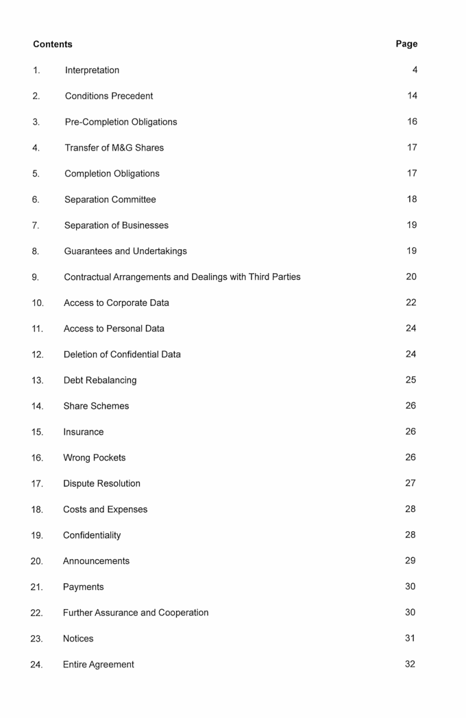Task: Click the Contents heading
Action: (53, 44)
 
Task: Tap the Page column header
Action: (406, 44)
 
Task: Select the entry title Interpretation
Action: (92, 70)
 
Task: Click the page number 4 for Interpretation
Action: (415, 70)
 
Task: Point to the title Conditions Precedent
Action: (109, 97)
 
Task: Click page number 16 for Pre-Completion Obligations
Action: (412, 122)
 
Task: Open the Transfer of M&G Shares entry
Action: (114, 148)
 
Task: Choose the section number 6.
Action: (36, 200)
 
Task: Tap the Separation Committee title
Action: (110, 200)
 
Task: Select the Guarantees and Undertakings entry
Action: (125, 251)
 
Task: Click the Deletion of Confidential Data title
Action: (122, 355)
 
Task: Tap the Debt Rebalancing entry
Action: (100, 381)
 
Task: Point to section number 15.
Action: (37, 432)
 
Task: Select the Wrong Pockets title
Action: (95, 458)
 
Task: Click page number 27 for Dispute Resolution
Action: (410, 483)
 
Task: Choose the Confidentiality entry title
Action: (92, 535)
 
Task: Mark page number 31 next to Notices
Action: (410, 638)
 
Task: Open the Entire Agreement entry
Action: (99, 665)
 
